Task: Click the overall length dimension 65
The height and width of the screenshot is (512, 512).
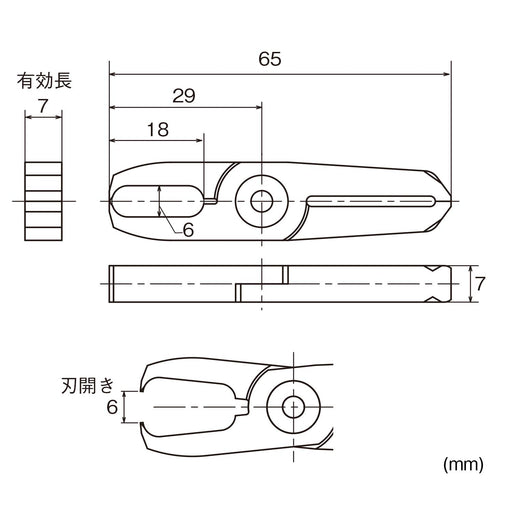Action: tap(269, 60)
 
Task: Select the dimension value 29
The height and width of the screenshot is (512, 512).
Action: tap(182, 96)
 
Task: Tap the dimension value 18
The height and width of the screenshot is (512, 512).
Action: tap(157, 129)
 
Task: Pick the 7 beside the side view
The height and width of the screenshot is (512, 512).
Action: tap(480, 284)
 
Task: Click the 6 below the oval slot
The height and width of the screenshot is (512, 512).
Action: tap(188, 228)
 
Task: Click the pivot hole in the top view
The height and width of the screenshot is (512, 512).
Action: tap(263, 200)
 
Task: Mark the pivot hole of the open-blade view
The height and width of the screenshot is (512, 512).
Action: tap(293, 407)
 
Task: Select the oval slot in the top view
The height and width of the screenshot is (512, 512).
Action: tap(160, 200)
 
